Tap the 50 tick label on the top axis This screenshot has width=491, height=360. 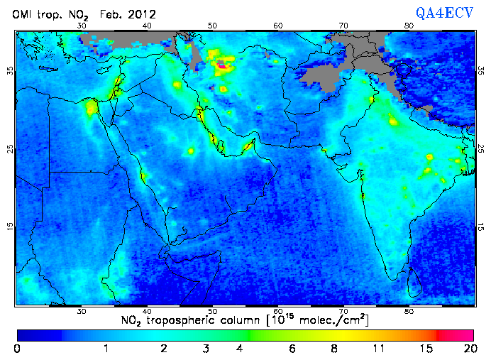coord(212,26)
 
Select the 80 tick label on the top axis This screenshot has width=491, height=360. coord(409,26)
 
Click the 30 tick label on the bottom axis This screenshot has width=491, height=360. coord(82,311)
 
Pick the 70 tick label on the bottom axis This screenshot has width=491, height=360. coord(343,311)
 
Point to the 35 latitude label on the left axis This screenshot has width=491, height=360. coord(9,71)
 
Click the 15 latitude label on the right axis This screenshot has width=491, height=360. coord(481,227)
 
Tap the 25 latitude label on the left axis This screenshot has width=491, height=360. coord(9,149)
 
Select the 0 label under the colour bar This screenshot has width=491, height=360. coord(17,349)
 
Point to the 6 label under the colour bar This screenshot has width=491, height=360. coord(292,349)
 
